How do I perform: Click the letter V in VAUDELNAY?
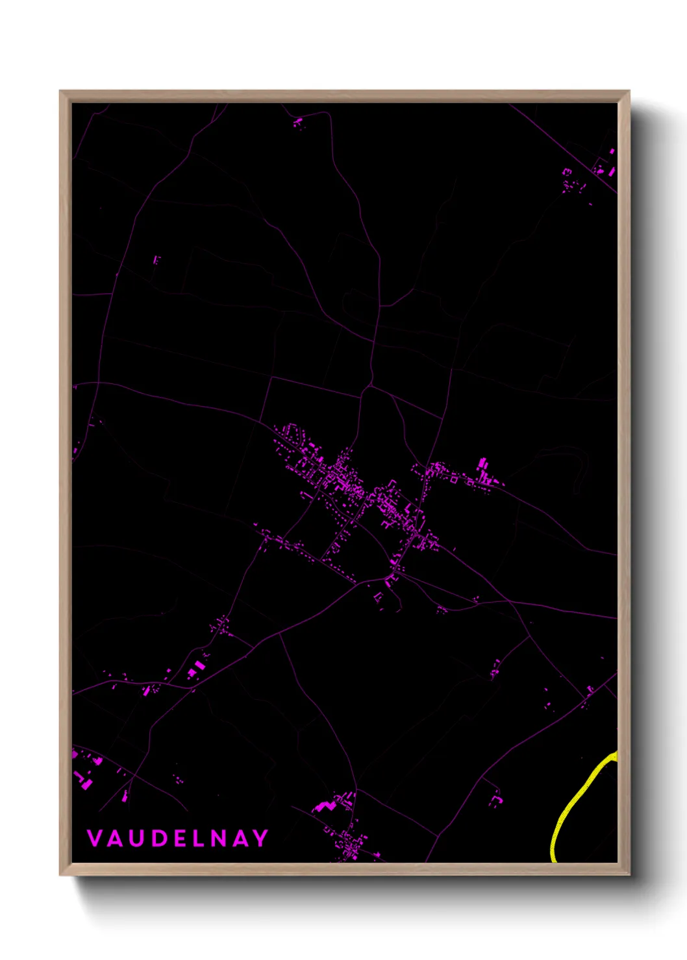pos(94,838)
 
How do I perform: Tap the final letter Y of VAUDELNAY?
pos(261,838)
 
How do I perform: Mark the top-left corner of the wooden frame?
pos(60,91)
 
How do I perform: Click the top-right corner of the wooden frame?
pos(629,91)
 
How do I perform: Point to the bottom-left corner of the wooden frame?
pos(60,874)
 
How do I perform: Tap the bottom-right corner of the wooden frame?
pos(629,874)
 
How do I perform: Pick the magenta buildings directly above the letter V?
pos(83,775)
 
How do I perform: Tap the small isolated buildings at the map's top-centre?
pos(298,122)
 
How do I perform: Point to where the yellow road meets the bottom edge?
pos(554,860)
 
